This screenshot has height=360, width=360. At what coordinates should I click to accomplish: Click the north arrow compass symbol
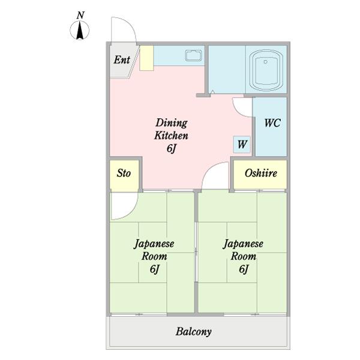79,30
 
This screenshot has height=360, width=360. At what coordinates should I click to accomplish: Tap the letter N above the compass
80,15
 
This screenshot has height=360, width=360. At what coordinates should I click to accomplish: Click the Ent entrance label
122,59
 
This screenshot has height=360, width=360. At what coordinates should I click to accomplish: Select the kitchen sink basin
194,56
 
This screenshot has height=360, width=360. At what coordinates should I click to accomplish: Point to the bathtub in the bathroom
266,70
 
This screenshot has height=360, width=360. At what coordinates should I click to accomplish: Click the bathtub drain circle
266,62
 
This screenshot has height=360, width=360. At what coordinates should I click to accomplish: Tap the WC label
272,123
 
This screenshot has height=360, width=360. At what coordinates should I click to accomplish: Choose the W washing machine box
242,145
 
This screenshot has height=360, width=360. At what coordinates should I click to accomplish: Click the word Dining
172,123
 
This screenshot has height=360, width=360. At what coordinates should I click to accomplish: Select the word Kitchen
171,135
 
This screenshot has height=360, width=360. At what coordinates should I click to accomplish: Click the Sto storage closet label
124,173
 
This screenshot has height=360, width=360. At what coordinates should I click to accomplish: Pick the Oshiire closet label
261,173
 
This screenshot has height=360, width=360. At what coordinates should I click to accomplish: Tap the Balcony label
194,332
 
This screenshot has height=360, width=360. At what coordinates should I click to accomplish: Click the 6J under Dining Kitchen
171,148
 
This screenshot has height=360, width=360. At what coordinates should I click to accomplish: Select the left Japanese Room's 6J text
155,269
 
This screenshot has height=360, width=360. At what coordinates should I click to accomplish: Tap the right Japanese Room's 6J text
244,269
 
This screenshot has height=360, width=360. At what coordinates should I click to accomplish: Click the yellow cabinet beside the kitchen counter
146,58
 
